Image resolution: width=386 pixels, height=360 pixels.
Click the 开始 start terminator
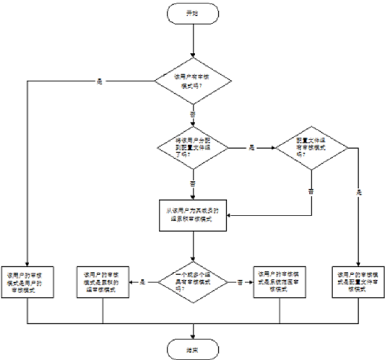[x=192, y=13]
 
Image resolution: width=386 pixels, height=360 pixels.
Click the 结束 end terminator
[x=192, y=349]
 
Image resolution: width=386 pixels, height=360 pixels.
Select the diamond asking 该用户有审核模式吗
[x=192, y=81]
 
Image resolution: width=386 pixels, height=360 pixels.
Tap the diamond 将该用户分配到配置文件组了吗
[x=192, y=148]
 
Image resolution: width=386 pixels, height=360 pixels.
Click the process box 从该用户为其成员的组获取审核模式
[x=192, y=215]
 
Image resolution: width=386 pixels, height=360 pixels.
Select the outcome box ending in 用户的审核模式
[x=29, y=281]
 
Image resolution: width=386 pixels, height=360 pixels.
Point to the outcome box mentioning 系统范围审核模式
[x=279, y=281]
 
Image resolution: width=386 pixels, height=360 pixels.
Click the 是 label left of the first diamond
[x=100, y=81]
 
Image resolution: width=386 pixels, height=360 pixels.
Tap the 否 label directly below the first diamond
[x=192, y=114]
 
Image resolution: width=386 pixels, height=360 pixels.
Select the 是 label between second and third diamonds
[x=251, y=148]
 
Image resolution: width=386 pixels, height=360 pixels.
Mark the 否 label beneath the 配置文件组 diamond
[x=312, y=190]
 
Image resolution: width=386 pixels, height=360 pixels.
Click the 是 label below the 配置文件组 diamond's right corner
[x=359, y=192]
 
